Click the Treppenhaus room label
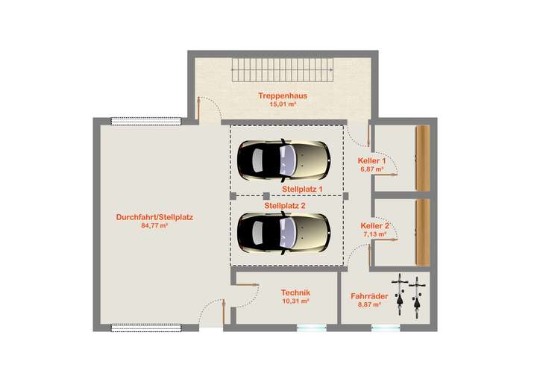[283, 95]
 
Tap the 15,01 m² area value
[283, 104]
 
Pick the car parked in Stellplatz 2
[283, 232]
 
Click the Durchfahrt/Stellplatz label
[154, 217]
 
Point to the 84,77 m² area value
[154, 225]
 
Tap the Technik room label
[295, 293]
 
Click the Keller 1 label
[372, 161]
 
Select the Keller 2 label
[374, 225]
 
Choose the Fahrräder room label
[369, 296]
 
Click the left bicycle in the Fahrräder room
[400, 295]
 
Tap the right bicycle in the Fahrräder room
[416, 295]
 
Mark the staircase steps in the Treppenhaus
[283, 72]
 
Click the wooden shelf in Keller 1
[423, 157]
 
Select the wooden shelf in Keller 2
[423, 231]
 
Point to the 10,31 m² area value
[295, 302]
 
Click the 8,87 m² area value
[369, 304]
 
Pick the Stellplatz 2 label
[285, 205]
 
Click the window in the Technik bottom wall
[311, 327]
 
